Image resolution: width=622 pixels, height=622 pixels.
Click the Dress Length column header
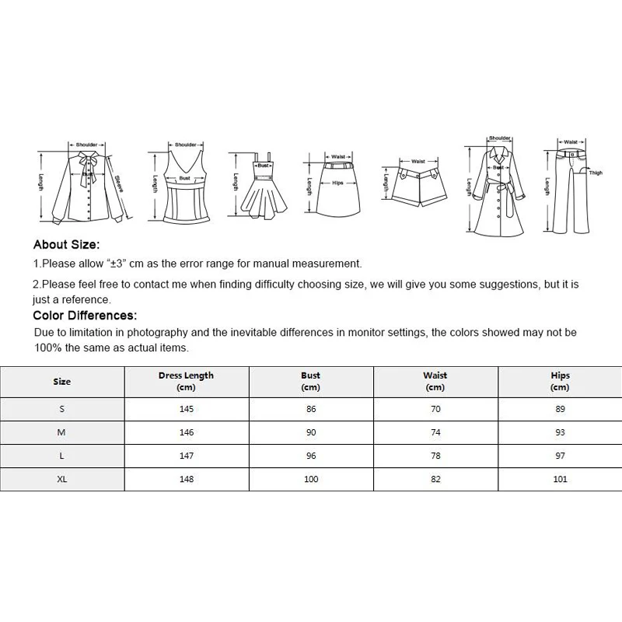point(186,381)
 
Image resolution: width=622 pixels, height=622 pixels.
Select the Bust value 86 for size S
point(310,409)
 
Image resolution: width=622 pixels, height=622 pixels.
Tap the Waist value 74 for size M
point(435,432)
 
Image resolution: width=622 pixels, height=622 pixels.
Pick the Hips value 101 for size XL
point(560,479)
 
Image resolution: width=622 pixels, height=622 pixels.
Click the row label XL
point(62,479)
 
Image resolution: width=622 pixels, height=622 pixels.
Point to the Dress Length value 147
point(186,456)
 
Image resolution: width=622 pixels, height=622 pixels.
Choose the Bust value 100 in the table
point(310,479)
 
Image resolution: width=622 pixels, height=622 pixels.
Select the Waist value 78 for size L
point(435,456)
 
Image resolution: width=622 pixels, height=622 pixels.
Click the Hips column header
point(560,381)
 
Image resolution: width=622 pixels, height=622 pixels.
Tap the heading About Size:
point(66,246)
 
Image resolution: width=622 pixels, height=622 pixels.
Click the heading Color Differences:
point(85,316)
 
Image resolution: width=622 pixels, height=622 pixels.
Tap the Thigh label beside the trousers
point(596,173)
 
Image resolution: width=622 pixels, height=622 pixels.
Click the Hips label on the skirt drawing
point(337,183)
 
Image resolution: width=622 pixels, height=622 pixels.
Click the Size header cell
point(62,381)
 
